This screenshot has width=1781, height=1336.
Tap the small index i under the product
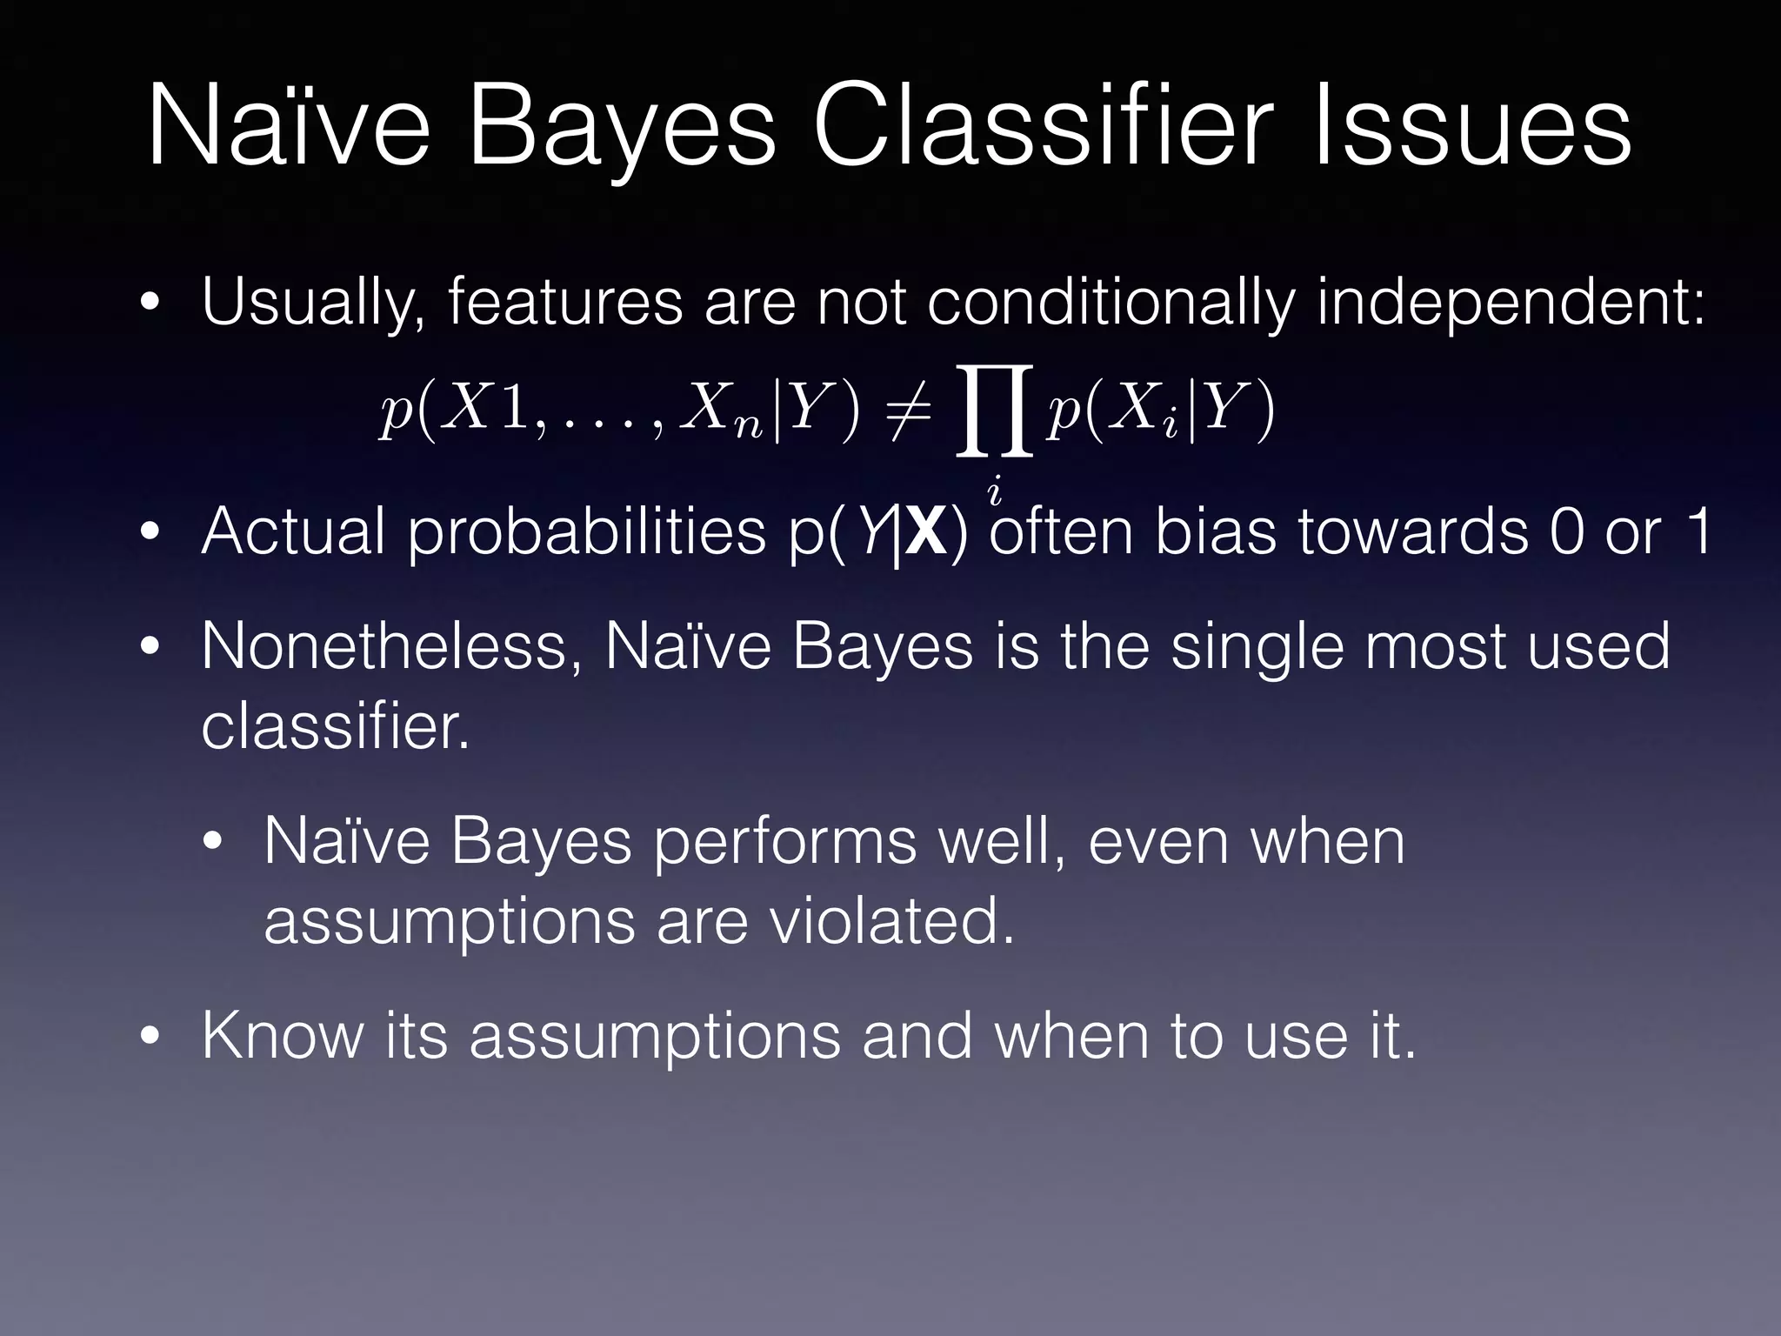tap(995, 492)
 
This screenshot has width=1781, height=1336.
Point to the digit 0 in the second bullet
tap(1567, 532)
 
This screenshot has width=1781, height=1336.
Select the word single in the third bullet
tap(1257, 649)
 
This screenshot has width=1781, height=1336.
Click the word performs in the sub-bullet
tap(784, 842)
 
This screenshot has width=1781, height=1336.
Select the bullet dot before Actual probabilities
tap(150, 532)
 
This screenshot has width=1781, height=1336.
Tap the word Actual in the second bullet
tap(293, 532)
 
